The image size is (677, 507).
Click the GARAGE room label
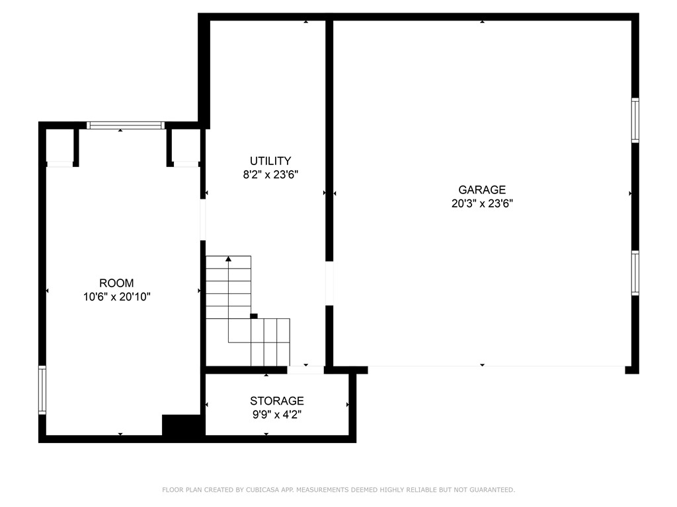coord(482,190)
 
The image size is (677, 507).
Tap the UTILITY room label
coord(270,161)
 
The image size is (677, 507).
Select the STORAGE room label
coord(276,401)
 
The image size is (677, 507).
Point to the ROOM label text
coord(116,283)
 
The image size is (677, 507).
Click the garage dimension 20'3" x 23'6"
coord(482,204)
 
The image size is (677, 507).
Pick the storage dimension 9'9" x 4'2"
coord(276,415)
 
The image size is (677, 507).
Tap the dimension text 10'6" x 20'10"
coord(116,297)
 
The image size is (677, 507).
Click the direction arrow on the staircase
coord(229,259)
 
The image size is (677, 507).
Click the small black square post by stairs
coord(254,316)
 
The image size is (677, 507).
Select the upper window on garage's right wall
coord(635,120)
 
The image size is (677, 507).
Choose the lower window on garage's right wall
coord(635,273)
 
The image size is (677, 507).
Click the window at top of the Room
coord(126,125)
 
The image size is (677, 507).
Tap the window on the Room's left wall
coord(42,389)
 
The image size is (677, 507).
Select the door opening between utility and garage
coord(329,284)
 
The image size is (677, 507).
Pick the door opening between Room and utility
coord(203,220)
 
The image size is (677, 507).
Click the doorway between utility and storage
coord(305,370)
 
